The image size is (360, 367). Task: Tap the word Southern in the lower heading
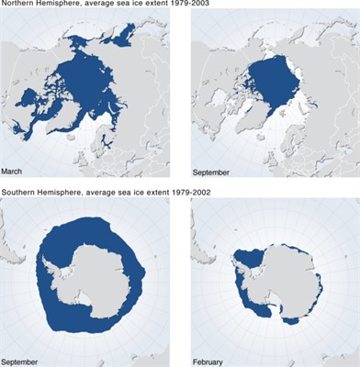coord(19,194)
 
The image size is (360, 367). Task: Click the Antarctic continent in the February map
coord(276,275)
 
